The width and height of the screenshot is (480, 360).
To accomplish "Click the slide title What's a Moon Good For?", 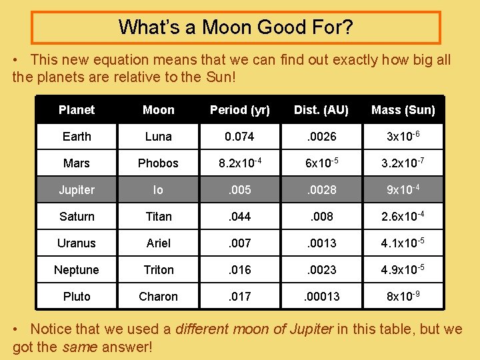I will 235,27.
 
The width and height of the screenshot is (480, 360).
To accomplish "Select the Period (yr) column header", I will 240,110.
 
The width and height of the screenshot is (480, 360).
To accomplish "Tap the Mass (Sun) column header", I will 403,110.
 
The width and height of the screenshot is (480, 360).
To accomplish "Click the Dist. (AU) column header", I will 321,110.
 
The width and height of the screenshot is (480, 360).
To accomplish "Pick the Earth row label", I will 77,137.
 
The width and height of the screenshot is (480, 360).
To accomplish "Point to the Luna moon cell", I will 159,137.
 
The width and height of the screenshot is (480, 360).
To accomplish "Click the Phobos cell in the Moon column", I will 159,163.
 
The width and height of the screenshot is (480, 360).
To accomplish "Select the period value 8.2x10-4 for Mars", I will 240,163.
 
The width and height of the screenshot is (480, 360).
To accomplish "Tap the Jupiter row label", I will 77,190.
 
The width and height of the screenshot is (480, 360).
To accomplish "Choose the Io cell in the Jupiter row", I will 158,190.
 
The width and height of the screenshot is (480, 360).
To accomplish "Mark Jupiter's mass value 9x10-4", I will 403,189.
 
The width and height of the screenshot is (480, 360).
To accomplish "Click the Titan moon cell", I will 159,217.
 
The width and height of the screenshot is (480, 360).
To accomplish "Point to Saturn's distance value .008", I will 321,217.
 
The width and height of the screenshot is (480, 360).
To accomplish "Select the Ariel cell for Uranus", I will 159,243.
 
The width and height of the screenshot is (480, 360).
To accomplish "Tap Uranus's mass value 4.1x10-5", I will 403,243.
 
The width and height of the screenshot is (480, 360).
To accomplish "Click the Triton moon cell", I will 159,270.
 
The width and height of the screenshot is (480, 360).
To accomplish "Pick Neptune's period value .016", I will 240,270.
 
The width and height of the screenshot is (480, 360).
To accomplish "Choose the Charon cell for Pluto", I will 159,297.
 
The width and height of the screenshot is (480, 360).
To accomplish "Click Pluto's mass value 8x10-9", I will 403,296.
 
